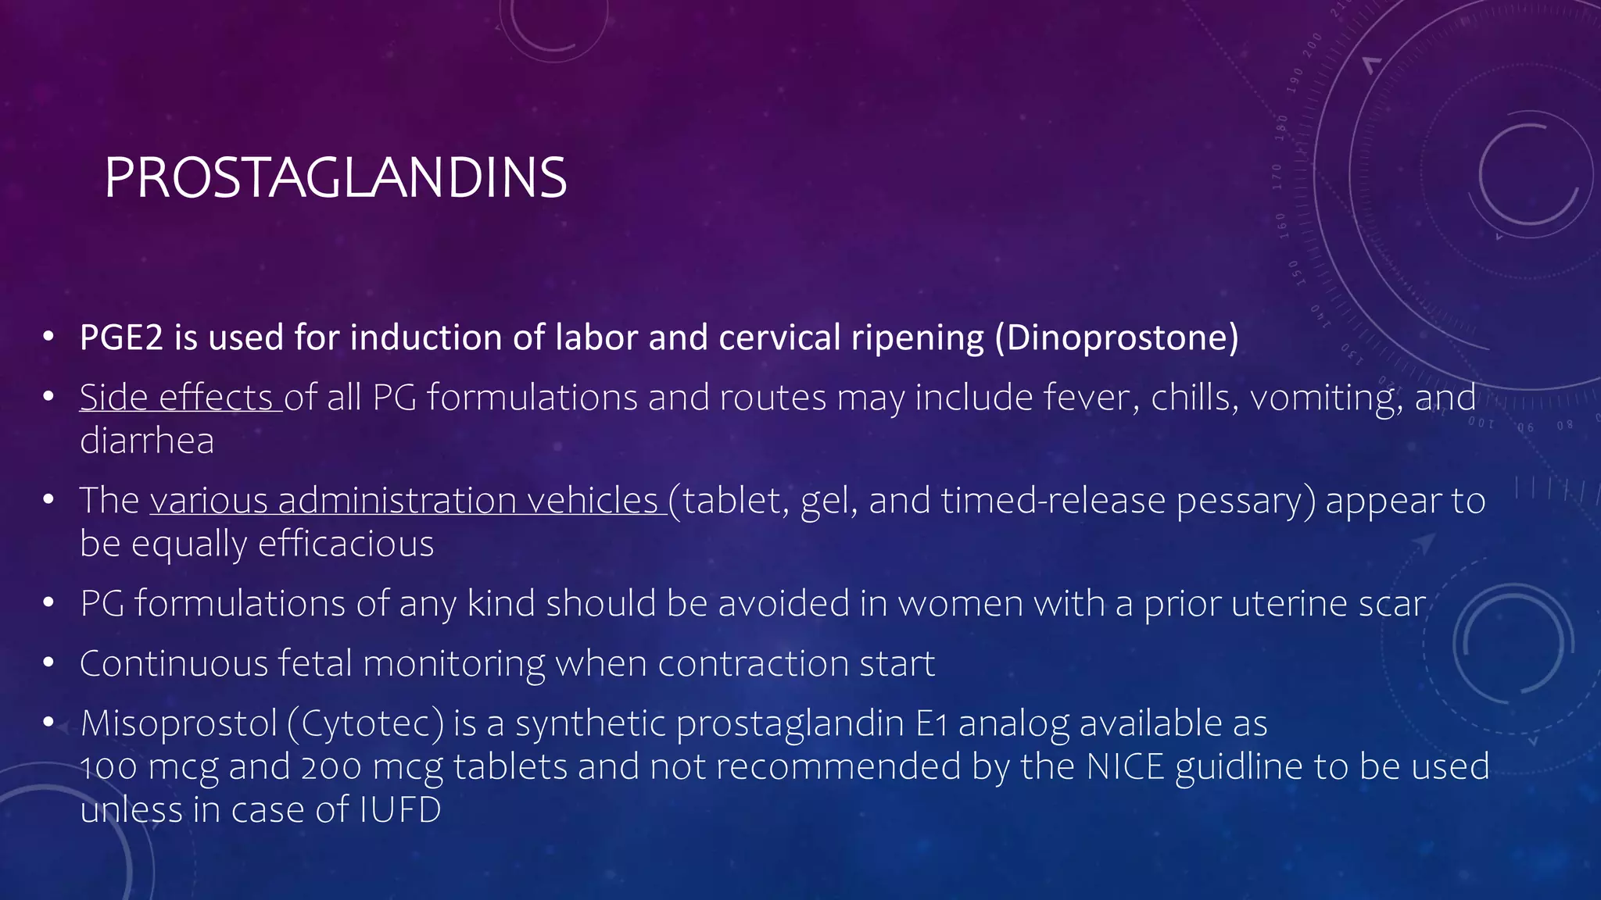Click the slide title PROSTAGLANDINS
(x=335, y=178)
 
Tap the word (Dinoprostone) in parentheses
(x=1116, y=337)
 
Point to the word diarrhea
(x=146, y=441)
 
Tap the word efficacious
(x=346, y=544)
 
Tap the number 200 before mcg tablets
(x=331, y=766)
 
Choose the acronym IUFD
(x=400, y=809)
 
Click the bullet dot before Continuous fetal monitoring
(x=48, y=664)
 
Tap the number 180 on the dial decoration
(x=1280, y=127)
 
